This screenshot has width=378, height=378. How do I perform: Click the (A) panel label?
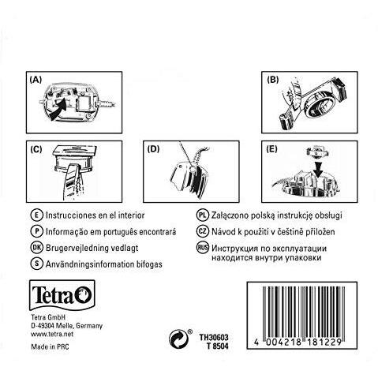[x=36, y=80]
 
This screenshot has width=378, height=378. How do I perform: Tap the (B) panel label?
[x=272, y=80]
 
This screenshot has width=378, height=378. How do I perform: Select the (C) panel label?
[x=36, y=149]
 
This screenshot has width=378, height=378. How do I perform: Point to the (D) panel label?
[x=154, y=149]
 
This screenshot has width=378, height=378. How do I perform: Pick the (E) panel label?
[x=271, y=149]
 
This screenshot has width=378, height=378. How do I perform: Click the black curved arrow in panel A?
[x=58, y=110]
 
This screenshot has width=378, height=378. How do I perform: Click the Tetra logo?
[x=62, y=295]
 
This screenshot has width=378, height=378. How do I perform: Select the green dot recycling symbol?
[x=178, y=339]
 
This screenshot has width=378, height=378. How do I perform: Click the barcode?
[x=302, y=316]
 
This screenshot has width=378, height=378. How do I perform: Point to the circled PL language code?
[x=202, y=215]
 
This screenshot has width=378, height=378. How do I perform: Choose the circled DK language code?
[x=36, y=248]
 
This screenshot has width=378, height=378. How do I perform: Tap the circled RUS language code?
[x=202, y=248]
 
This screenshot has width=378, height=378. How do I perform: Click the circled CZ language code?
[x=202, y=231]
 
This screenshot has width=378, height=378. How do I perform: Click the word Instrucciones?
[x=70, y=215]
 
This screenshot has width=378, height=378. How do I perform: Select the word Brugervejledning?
[x=76, y=249]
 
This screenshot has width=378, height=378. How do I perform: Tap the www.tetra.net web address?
[x=52, y=335]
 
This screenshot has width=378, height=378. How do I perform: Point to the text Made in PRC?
[x=50, y=346]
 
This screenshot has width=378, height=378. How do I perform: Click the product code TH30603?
[x=214, y=337]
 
